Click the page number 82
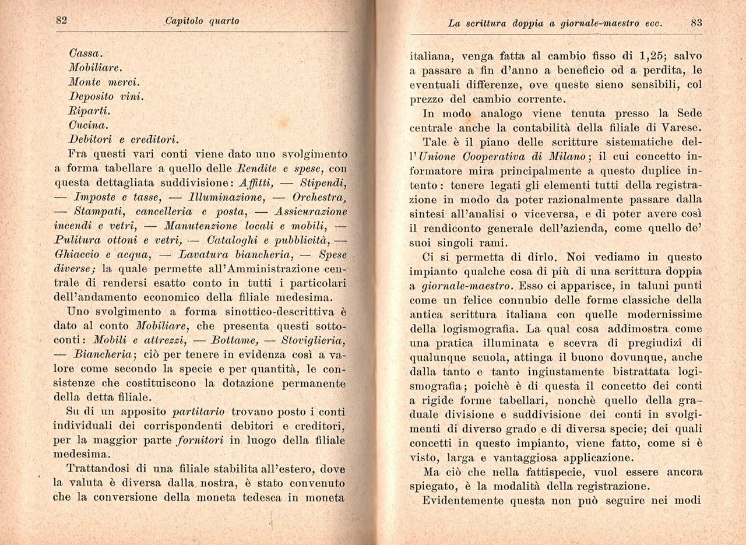pyautogui.click(x=62, y=20)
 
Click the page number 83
pyautogui.click(x=695, y=23)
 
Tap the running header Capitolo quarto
pyautogui.click(x=202, y=22)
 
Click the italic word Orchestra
pyautogui.click(x=316, y=196)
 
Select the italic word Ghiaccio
pyautogui.click(x=77, y=254)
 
